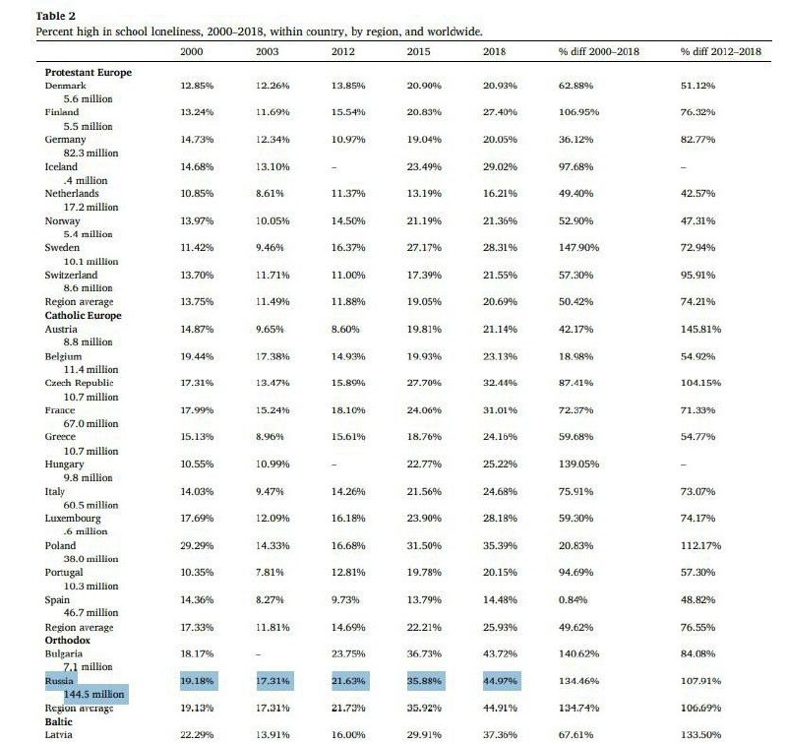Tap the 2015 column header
tap(418, 51)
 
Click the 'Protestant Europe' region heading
tap(88, 72)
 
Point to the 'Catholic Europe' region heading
tap(83, 315)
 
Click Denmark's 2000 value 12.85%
tap(198, 87)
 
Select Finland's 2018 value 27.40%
tap(501, 113)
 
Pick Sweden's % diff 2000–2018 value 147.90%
tap(578, 248)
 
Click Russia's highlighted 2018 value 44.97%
tap(501, 679)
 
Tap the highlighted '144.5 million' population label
tap(96, 694)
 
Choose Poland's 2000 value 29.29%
tap(198, 545)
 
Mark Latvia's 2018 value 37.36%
tap(501, 734)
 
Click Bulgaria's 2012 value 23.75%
tap(349, 652)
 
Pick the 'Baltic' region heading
tap(61, 720)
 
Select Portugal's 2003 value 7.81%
tap(270, 572)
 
